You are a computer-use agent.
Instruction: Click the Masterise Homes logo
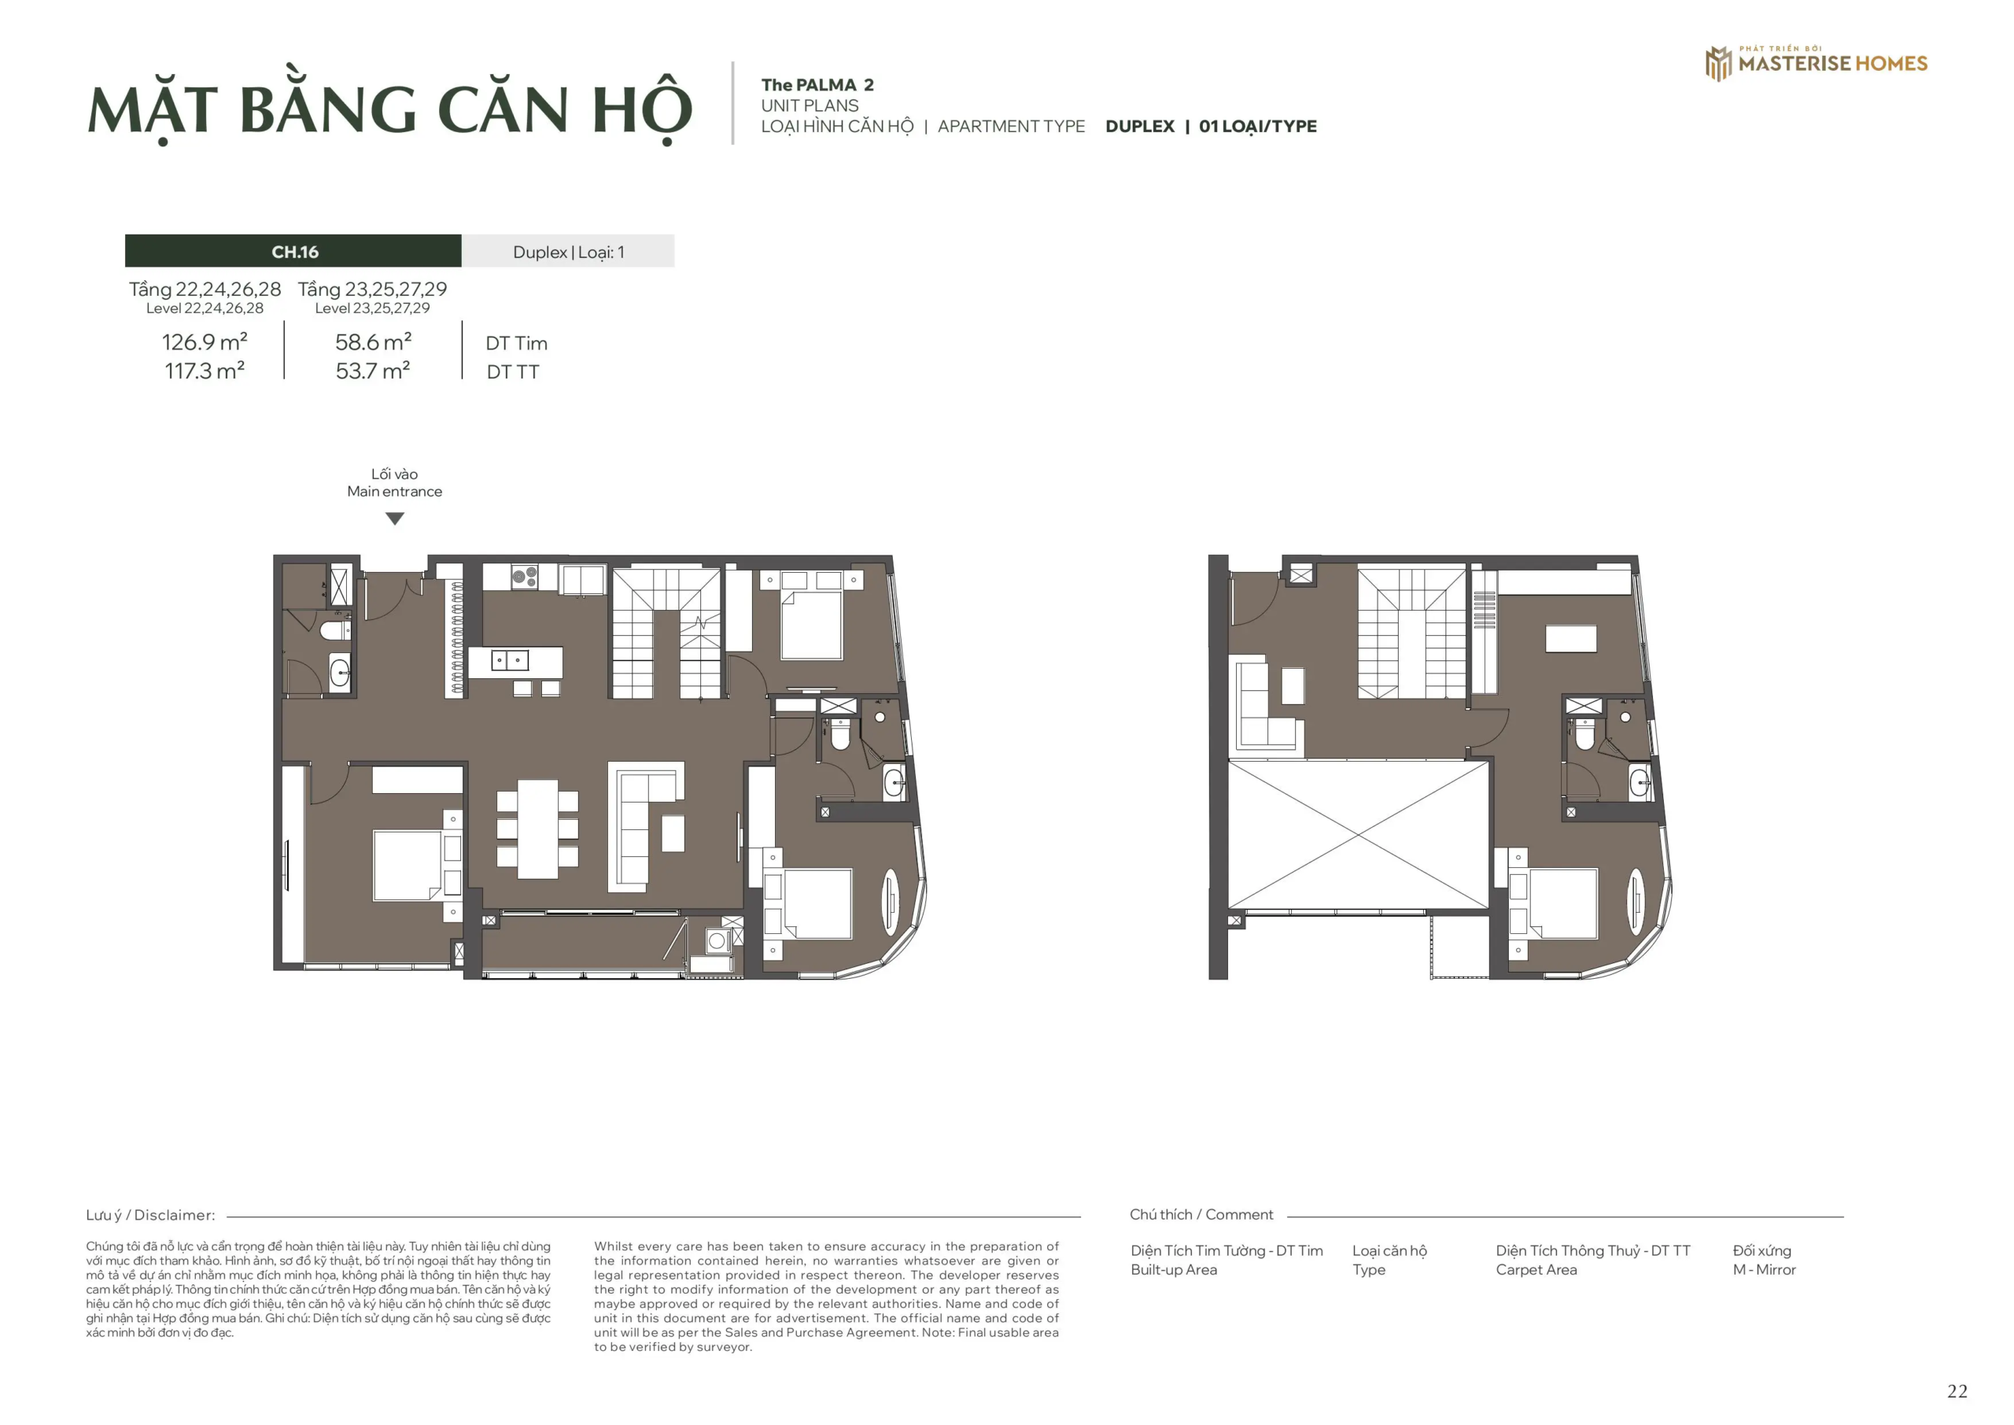pos(1815,63)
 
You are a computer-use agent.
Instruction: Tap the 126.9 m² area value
pos(205,342)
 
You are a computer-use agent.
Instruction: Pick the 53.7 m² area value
pos(373,371)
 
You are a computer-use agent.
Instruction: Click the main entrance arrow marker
pos(395,519)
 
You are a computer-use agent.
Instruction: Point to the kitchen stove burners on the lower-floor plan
pos(525,577)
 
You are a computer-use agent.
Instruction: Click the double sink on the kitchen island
pos(510,660)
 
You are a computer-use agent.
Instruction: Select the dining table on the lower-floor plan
pos(537,829)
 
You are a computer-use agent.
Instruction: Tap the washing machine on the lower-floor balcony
pos(717,940)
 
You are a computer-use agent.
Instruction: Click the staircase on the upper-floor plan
pos(1411,633)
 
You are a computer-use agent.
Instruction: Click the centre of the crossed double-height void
pos(1358,835)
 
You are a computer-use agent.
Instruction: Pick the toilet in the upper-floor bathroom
pos(1584,734)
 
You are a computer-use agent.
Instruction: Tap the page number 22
pos(1957,1391)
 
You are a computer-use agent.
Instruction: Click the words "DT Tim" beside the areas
pos(516,343)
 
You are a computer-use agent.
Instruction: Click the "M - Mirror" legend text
pos(1764,1270)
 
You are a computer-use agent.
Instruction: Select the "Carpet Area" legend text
pos(1536,1270)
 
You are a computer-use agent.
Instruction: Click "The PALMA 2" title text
pos(817,85)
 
